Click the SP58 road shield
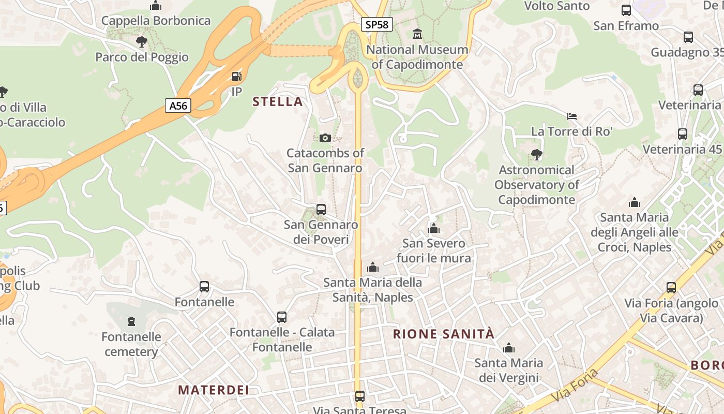click(x=377, y=24)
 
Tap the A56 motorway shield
click(x=178, y=106)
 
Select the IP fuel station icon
click(x=236, y=77)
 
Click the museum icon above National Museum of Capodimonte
click(x=417, y=34)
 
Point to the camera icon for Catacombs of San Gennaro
click(x=325, y=138)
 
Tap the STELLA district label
click(x=278, y=101)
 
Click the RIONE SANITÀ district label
click(x=444, y=334)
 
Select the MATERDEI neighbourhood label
click(x=214, y=390)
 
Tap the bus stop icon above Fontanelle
click(x=204, y=287)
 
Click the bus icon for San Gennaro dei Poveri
click(x=321, y=210)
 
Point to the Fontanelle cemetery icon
click(x=131, y=321)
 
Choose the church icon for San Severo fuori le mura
click(x=434, y=228)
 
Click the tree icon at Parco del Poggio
click(x=141, y=42)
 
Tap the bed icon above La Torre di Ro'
click(x=572, y=116)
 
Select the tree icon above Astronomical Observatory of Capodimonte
click(x=537, y=154)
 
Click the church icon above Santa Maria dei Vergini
click(x=509, y=348)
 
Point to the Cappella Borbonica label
click(x=156, y=21)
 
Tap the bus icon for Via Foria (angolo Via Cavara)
click(x=671, y=288)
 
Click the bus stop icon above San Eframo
click(x=626, y=10)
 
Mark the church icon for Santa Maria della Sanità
click(x=373, y=268)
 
